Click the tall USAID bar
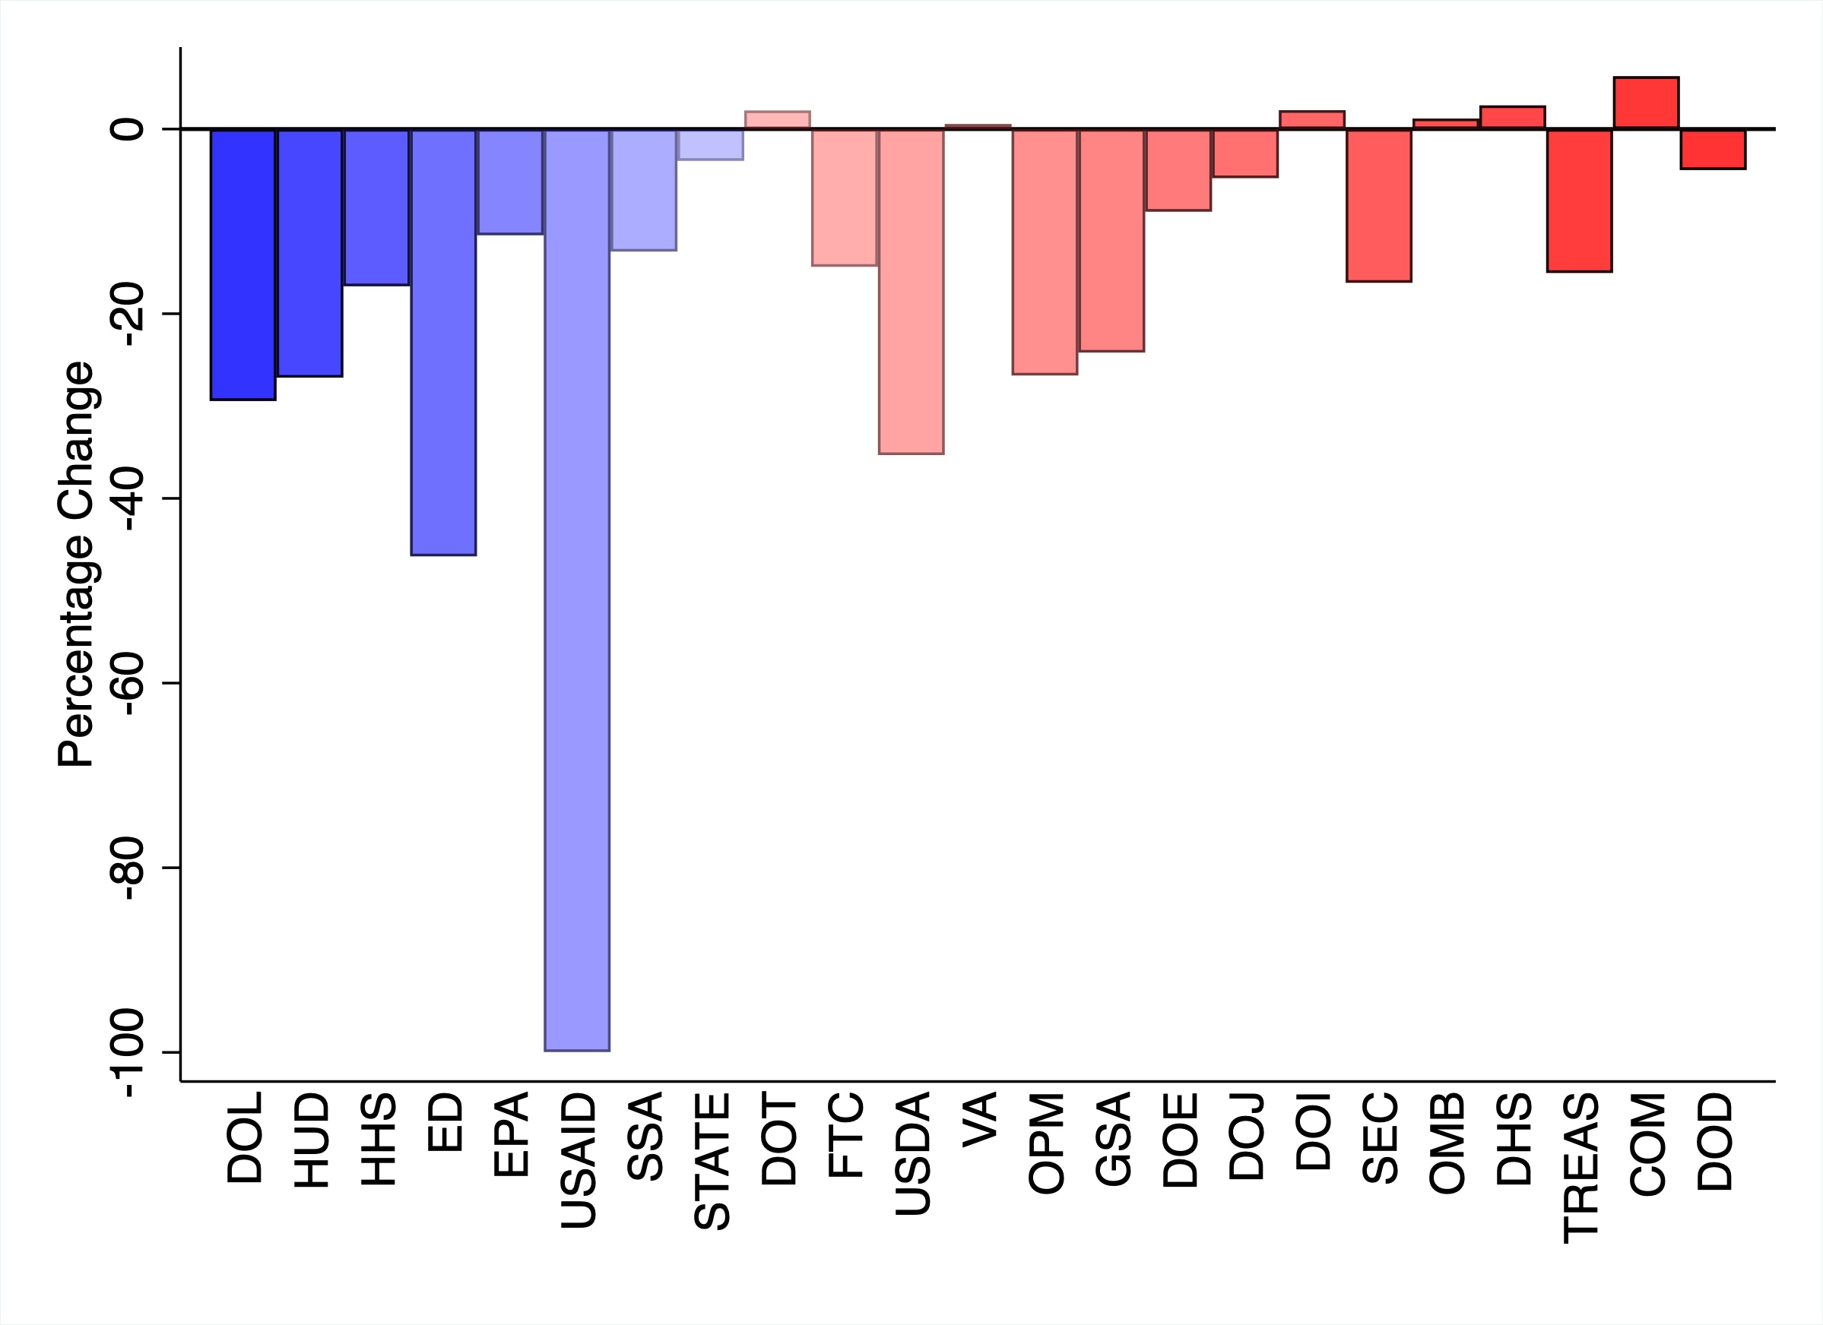coord(576,589)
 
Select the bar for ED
coord(443,341)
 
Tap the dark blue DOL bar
coord(243,264)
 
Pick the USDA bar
coord(911,291)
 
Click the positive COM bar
coord(1645,103)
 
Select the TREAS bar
coord(1579,200)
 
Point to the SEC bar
coord(1378,205)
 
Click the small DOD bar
coord(1712,149)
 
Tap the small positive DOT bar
coord(777,120)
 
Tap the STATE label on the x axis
coord(712,1161)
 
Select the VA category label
coord(979,1119)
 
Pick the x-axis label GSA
coord(1112,1139)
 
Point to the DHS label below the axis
coord(1513,1139)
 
